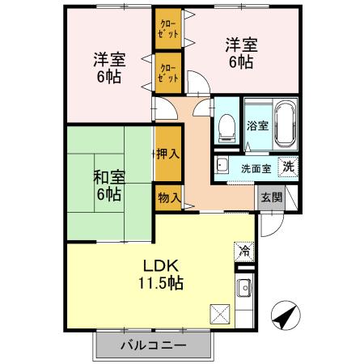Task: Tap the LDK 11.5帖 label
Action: tap(161, 275)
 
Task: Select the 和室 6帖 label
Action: tap(108, 185)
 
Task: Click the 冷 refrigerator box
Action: tap(243, 251)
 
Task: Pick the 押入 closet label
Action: tap(167, 153)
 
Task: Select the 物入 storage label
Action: tap(167, 197)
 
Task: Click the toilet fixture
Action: tap(226, 124)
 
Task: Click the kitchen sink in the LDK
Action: tap(243, 288)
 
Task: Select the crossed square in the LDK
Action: tap(219, 312)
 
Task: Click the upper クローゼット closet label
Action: tap(168, 32)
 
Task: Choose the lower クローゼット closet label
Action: tap(168, 73)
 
